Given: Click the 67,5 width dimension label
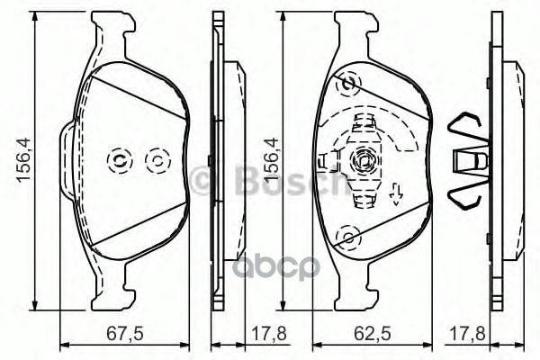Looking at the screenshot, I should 124,332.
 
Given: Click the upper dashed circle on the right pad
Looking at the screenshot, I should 346,85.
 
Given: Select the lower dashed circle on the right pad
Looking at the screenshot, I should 346,238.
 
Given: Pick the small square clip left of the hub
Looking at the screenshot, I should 325,162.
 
